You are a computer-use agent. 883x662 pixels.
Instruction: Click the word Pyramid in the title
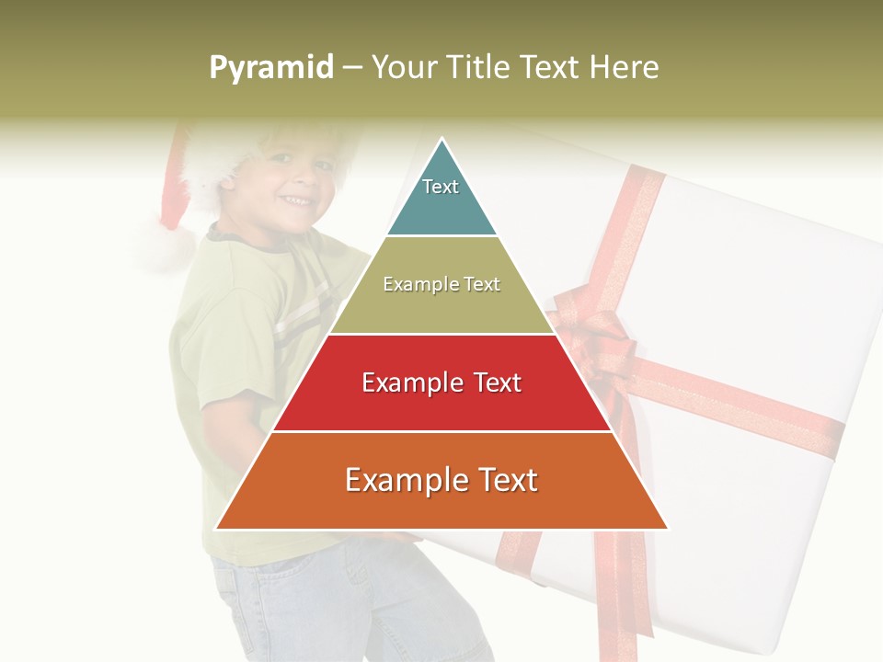click(x=270, y=68)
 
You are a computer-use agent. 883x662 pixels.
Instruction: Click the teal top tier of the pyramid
click(x=441, y=207)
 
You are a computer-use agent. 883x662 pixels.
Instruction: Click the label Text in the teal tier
click(x=441, y=187)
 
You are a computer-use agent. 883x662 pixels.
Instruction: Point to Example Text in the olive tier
click(x=441, y=284)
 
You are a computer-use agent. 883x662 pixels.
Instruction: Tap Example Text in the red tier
click(x=441, y=382)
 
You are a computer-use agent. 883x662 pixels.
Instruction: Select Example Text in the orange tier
click(x=441, y=480)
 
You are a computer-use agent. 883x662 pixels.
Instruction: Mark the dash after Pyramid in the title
click(x=352, y=68)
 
